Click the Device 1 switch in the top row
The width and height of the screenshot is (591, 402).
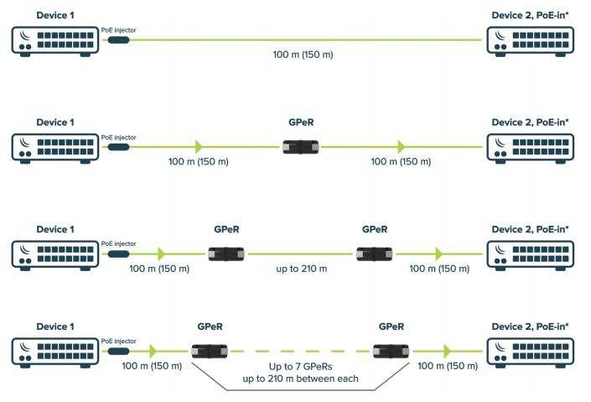click(55, 41)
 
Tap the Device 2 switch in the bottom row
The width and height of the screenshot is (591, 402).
click(531, 352)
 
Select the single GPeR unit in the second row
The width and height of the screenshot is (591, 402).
click(301, 147)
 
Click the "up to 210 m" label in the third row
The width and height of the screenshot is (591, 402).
click(302, 269)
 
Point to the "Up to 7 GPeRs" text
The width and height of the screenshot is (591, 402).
click(300, 367)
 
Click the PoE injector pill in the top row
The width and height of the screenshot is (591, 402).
click(119, 39)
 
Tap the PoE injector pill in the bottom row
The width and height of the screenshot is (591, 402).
click(119, 351)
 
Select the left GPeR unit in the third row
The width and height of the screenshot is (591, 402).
click(226, 254)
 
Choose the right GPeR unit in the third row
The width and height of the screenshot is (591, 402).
click(374, 254)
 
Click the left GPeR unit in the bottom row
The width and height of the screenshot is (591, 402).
click(210, 352)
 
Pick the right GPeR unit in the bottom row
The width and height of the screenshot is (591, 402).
click(391, 352)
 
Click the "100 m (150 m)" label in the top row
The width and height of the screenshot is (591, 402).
click(303, 55)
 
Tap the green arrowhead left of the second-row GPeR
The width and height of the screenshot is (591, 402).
click(199, 147)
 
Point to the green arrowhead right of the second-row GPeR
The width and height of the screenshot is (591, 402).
click(401, 147)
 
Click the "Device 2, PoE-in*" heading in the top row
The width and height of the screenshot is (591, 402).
click(530, 15)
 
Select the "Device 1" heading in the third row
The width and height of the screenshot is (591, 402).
click(55, 229)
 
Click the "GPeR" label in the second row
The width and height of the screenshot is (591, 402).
click(301, 123)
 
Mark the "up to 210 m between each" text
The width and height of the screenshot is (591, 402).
click(300, 379)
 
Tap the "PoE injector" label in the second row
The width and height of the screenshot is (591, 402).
click(118, 138)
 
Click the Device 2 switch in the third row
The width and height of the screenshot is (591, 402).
click(531, 255)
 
